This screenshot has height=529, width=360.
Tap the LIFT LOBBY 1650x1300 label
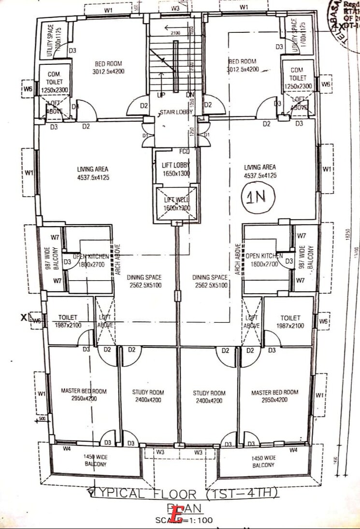click(176, 169)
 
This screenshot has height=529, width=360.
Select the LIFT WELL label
click(176, 203)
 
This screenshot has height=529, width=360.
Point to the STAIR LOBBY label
click(176, 112)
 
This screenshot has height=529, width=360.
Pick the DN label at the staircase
click(190, 95)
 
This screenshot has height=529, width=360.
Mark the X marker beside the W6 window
click(24, 318)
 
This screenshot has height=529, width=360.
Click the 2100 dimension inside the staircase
click(175, 33)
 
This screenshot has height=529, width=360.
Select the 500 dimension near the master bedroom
click(42, 419)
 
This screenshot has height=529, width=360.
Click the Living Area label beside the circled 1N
click(260, 171)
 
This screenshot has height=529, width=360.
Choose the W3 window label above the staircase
click(175, 8)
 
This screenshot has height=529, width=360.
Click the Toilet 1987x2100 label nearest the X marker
click(68, 321)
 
